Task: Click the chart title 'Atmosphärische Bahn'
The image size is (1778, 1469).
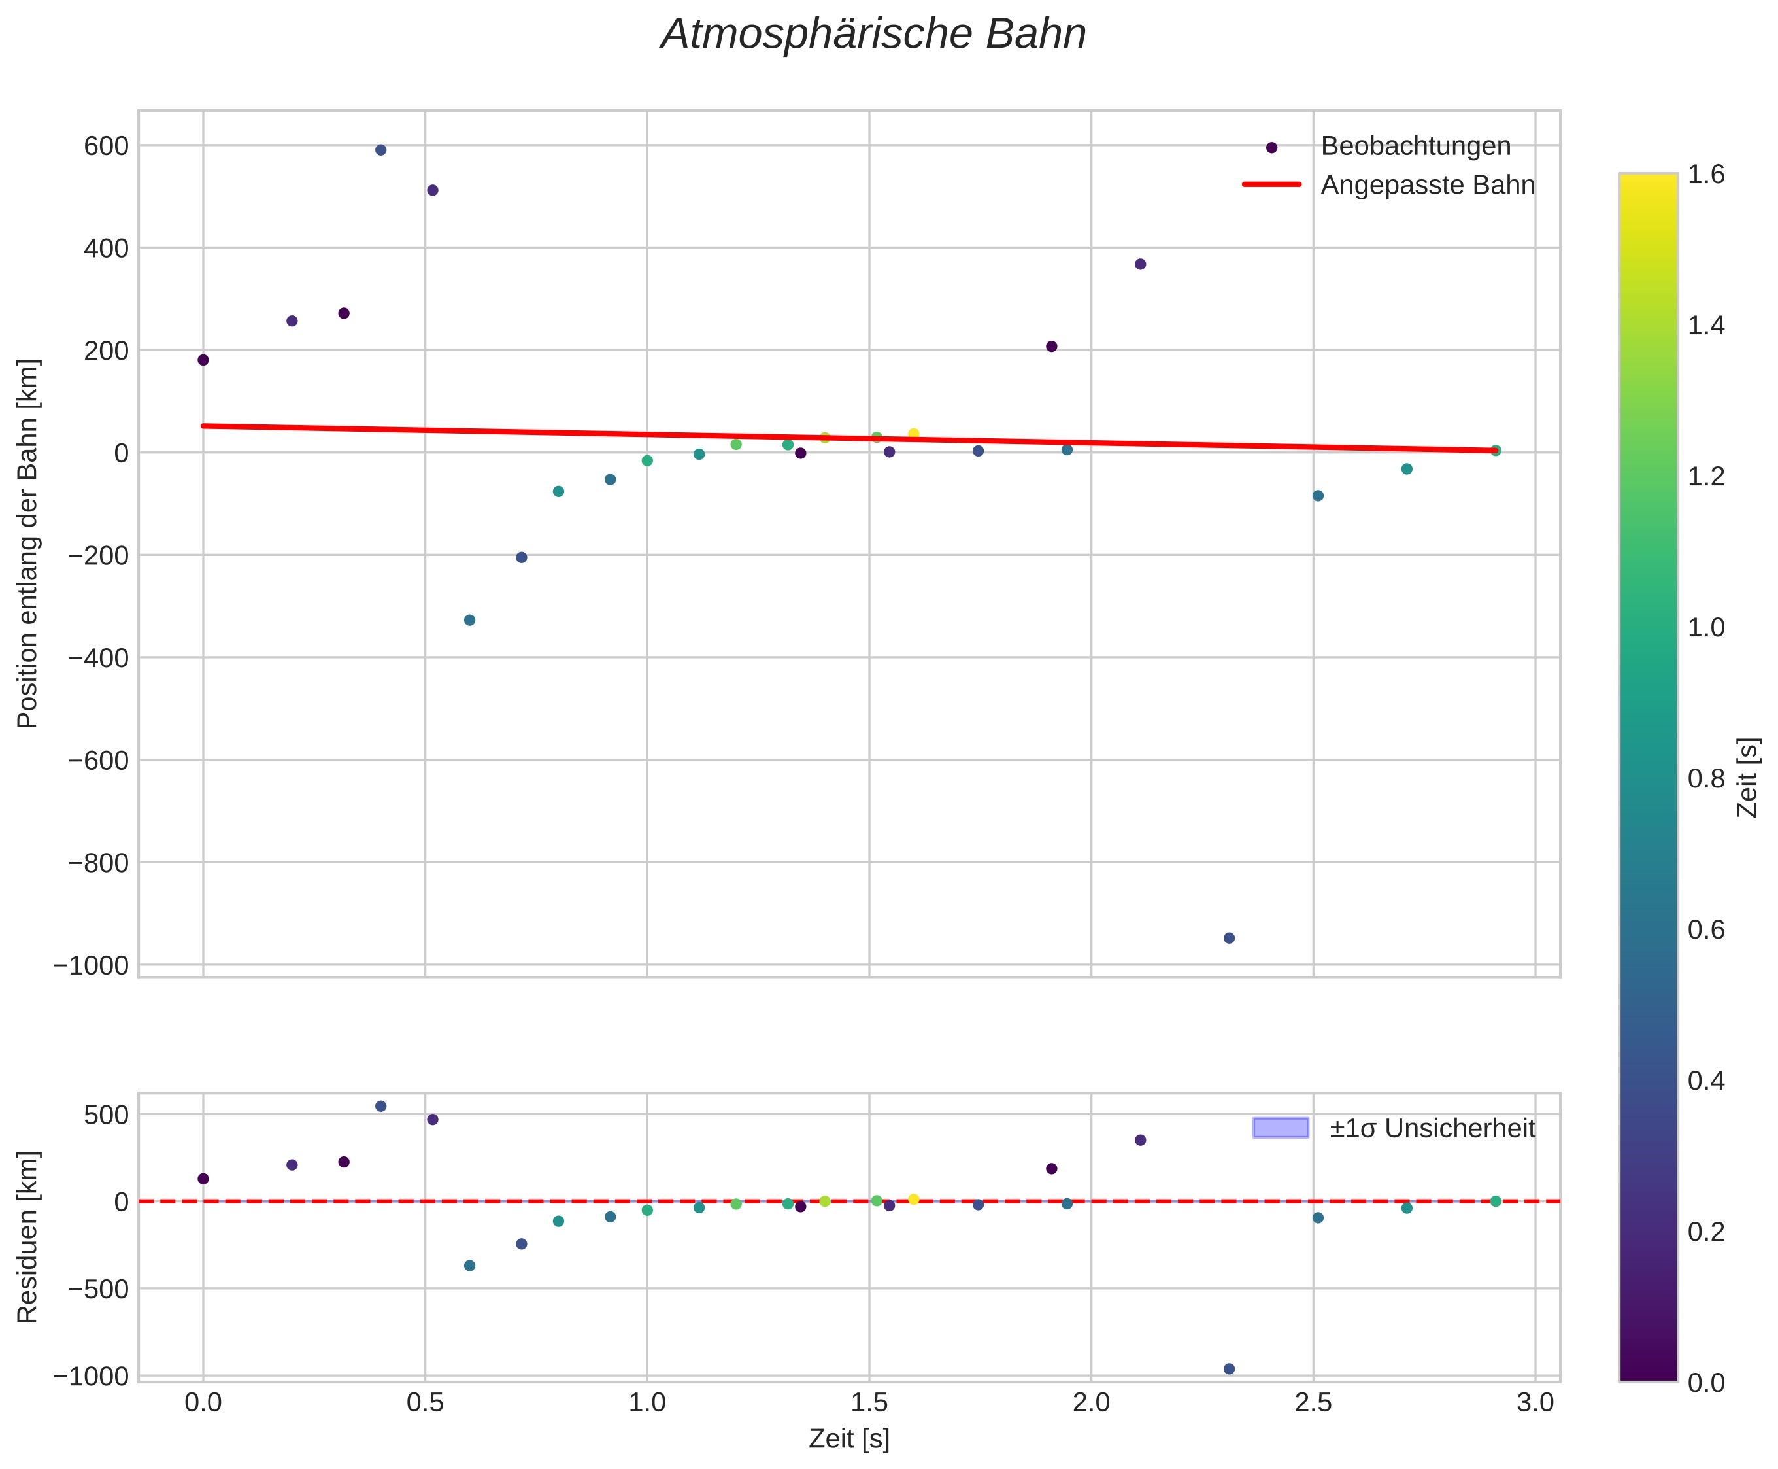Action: coord(873,35)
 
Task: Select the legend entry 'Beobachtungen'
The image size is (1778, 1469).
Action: coord(1415,147)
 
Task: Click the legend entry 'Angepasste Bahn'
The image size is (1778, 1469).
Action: coord(1426,185)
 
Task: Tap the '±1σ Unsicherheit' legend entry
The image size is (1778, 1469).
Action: coord(1431,1129)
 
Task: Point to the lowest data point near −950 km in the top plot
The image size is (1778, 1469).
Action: coord(1229,939)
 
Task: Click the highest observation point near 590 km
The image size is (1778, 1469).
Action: coord(380,150)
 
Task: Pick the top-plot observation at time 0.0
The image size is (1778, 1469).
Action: coord(203,360)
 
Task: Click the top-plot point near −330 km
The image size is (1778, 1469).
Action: coord(469,620)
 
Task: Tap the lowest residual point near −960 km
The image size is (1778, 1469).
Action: coord(1229,1369)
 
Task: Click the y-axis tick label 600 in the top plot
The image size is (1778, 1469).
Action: coord(106,147)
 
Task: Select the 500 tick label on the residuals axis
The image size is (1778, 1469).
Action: coord(106,1115)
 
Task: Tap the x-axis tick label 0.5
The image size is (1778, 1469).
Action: coord(425,1403)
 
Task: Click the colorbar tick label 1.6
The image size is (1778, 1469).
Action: coord(1706,175)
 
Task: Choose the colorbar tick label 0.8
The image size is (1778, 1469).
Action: coord(1706,778)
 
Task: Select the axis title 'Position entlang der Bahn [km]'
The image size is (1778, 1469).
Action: coord(28,544)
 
